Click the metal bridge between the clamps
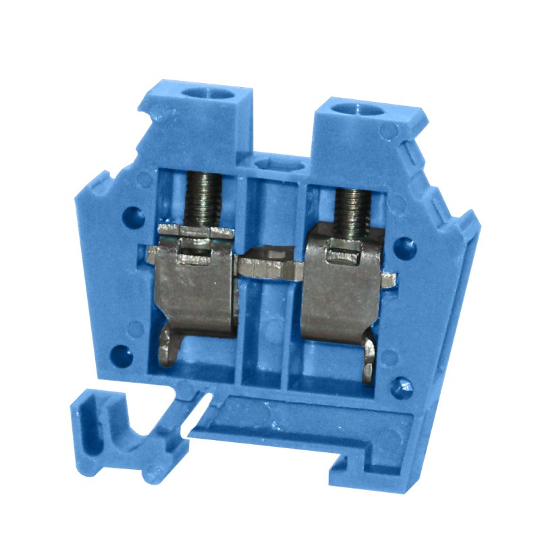(270, 263)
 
